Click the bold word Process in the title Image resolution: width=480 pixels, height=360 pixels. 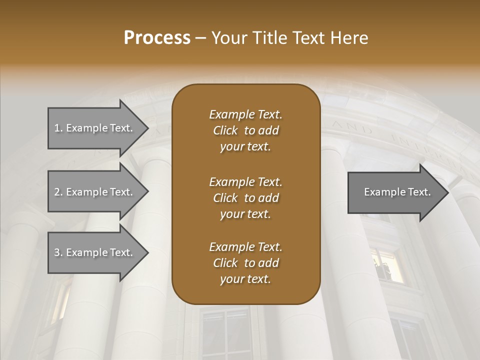(x=157, y=37)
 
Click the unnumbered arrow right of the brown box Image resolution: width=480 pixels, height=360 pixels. (x=395, y=192)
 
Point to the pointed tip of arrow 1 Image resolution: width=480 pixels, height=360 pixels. (x=147, y=128)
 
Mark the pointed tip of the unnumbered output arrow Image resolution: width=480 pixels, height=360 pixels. (x=447, y=192)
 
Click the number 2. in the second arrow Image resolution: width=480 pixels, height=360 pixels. (x=58, y=192)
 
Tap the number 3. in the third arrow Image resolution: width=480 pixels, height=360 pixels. (x=58, y=252)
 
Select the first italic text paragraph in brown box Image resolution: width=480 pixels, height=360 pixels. (x=245, y=130)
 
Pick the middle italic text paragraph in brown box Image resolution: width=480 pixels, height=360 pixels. (x=245, y=198)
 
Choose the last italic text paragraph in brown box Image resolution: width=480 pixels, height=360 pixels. (x=245, y=263)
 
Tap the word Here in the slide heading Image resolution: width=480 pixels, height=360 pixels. (x=349, y=37)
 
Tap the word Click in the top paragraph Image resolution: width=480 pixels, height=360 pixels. (x=225, y=130)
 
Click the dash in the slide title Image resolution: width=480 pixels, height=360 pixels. (x=201, y=38)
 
